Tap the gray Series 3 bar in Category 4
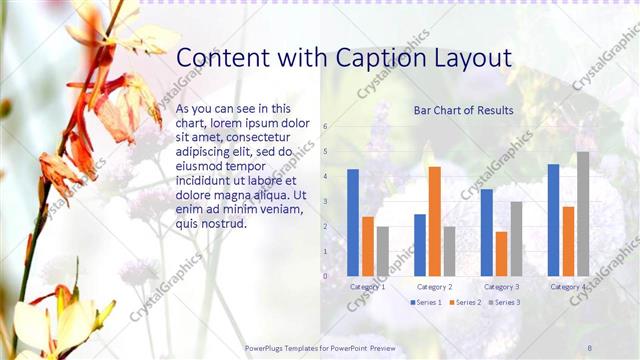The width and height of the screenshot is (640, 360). coord(583,214)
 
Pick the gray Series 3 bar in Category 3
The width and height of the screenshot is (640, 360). coord(516,239)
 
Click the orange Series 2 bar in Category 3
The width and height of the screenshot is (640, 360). coord(501,254)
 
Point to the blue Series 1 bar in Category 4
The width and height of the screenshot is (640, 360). coord(553,220)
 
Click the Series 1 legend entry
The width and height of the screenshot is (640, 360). coord(426,302)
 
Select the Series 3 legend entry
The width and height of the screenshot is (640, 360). coord(503,302)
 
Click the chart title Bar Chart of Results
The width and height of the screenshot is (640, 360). coord(464,110)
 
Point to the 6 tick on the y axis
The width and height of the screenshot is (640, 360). coord(324,127)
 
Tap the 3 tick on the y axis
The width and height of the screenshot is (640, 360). coord(324,202)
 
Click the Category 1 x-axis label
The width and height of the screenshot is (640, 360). coord(368,287)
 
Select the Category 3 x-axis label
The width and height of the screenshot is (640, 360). coord(501,287)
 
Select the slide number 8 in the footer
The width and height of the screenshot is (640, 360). coord(590,346)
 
